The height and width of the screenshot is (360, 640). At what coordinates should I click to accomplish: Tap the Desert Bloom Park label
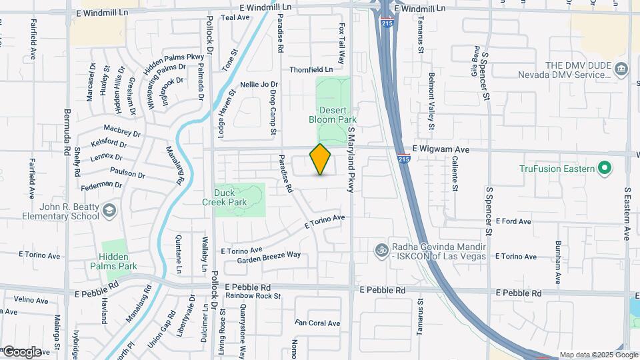click(x=333, y=115)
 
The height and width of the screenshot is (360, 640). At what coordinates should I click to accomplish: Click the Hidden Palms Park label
click(x=118, y=261)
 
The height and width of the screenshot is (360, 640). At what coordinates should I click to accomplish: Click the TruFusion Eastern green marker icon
click(x=605, y=168)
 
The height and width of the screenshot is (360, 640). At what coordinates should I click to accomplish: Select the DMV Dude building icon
click(x=621, y=69)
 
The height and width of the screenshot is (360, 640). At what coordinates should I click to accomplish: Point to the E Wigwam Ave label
click(x=441, y=149)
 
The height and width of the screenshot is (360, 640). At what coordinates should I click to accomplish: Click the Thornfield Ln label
click(x=311, y=69)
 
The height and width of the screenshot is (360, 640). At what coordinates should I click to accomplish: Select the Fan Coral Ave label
click(x=318, y=323)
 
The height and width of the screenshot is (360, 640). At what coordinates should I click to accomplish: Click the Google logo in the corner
click(x=21, y=351)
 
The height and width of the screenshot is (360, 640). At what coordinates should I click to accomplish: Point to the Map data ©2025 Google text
click(x=598, y=355)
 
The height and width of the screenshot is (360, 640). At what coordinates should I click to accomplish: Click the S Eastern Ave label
click(x=627, y=213)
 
